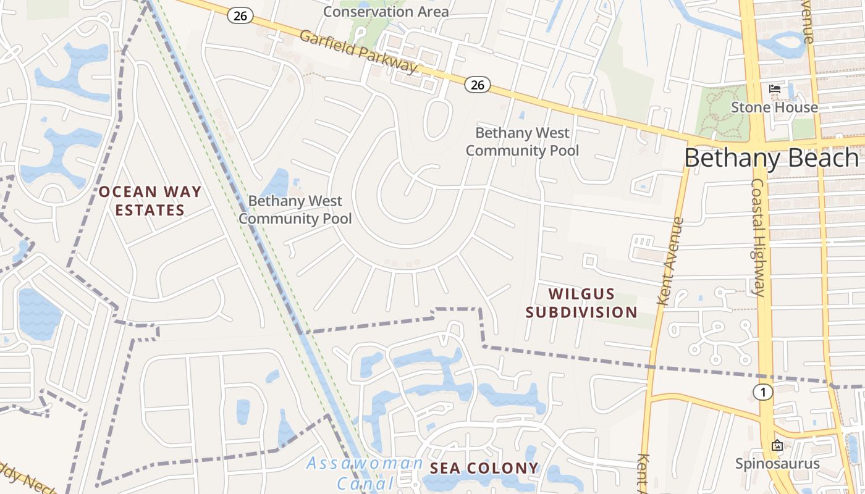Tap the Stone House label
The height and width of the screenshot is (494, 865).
774,107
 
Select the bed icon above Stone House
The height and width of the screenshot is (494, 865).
774,89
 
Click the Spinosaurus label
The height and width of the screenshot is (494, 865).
777,463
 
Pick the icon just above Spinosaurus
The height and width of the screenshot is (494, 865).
777,445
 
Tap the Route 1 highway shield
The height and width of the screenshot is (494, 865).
764,392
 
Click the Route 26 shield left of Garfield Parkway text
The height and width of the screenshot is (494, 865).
240,16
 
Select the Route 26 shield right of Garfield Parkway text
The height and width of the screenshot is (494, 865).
478,85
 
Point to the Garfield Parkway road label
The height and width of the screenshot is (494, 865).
358,51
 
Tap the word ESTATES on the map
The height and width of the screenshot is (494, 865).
150,210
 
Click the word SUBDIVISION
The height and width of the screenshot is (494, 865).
581,312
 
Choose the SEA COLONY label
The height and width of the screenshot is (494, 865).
484,468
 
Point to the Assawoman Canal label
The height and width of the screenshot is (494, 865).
365,472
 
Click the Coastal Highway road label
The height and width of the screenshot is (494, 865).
759,238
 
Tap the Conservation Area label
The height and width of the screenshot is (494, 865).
386,11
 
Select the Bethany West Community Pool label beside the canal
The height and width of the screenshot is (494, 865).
295,209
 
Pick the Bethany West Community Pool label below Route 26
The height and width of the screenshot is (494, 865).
523,141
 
